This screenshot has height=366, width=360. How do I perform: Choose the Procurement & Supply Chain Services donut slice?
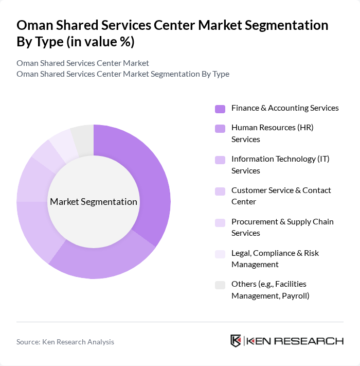45,154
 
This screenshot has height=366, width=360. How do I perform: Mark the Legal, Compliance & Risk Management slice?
63,143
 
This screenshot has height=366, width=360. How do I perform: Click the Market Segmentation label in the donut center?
94,202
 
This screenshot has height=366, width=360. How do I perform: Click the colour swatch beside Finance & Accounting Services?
220,109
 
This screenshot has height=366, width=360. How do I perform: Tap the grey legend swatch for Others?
220,285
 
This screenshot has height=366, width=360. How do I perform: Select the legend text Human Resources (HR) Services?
272,133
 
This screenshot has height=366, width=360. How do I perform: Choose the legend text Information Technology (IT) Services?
280,165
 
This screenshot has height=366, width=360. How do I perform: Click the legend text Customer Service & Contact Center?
281,196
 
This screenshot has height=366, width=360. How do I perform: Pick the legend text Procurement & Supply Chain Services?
282,227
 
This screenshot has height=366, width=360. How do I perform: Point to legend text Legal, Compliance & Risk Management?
275,258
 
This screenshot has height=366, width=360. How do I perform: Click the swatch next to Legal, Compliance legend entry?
220,254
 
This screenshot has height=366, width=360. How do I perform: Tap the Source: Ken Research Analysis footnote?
65,342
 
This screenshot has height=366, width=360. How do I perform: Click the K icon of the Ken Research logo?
236,341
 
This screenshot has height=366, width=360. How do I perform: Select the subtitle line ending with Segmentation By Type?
123,74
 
